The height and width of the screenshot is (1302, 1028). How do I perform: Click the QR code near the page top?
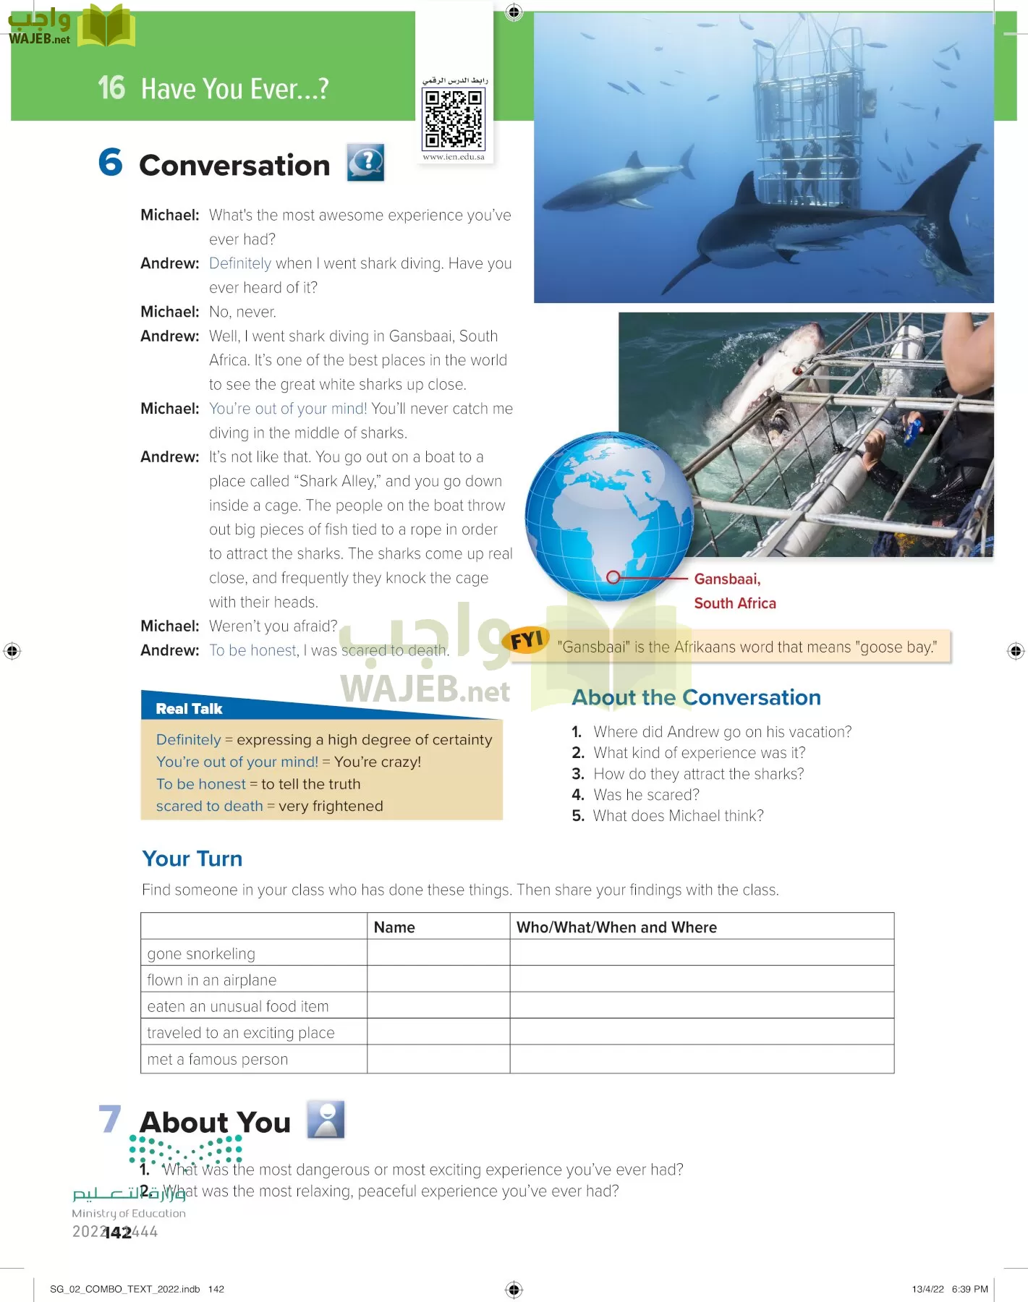[454, 119]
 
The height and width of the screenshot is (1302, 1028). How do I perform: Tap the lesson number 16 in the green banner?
[111, 88]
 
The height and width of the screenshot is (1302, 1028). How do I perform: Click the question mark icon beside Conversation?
[365, 162]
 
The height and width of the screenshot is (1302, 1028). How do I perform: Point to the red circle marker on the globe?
[613, 577]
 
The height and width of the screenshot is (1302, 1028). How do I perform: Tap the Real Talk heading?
[189, 709]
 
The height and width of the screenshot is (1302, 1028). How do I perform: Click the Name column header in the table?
[394, 927]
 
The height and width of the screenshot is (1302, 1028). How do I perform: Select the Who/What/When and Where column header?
[616, 927]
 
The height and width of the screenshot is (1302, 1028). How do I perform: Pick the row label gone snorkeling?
[201, 954]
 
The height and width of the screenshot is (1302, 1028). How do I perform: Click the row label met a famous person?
[217, 1060]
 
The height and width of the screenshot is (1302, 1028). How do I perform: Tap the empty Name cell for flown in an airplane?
[438, 980]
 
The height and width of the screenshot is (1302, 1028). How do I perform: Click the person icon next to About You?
[326, 1120]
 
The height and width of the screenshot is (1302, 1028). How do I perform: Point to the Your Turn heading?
[192, 859]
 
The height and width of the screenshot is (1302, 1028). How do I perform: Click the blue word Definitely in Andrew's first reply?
[239, 263]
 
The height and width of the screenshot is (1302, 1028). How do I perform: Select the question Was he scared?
[646, 795]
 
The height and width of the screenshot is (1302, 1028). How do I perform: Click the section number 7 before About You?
[110, 1119]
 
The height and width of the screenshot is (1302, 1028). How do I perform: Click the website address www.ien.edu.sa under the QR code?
[454, 157]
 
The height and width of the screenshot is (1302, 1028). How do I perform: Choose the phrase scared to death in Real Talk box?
[209, 806]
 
